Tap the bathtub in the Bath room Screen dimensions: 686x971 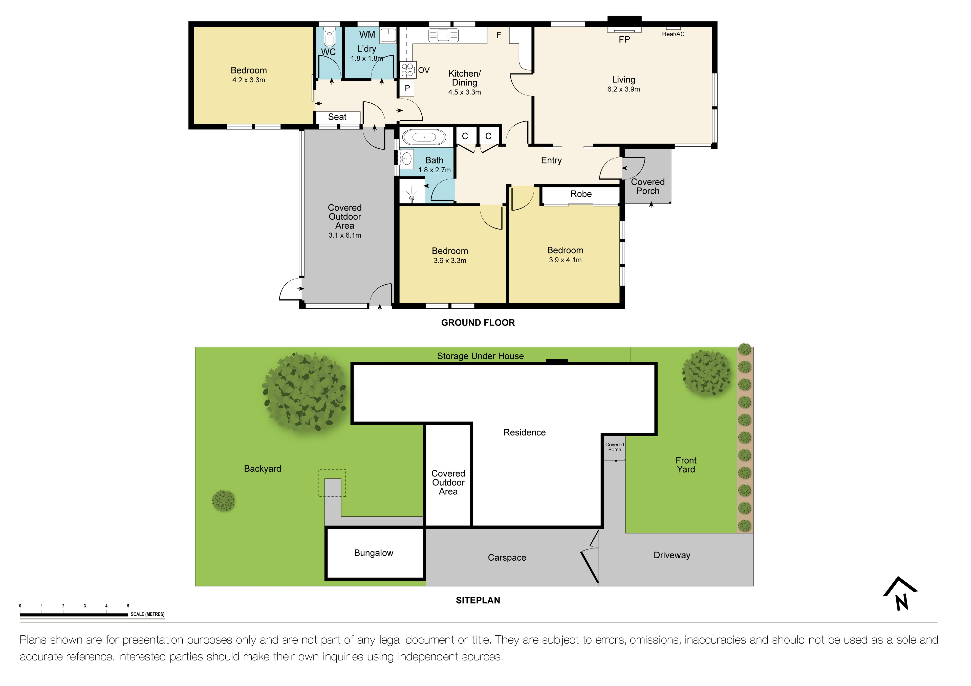tap(424, 137)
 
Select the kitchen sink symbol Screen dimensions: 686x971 tap(443, 35)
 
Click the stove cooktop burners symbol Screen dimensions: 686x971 tap(407, 70)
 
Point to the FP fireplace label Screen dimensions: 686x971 tap(624, 40)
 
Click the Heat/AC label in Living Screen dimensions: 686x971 tap(673, 34)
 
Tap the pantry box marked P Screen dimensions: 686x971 tap(407, 88)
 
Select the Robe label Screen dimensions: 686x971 tap(581, 194)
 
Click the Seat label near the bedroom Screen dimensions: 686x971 tap(337, 117)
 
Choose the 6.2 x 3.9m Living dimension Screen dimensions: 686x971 tap(623, 89)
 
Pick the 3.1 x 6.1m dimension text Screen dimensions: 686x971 tap(345, 235)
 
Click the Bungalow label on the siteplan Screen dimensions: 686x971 tap(373, 553)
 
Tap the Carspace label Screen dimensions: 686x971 tap(507, 558)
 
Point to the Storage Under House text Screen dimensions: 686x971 tap(480, 356)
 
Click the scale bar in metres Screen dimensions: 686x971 tap(74, 614)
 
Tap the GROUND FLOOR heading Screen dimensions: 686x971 tap(478, 323)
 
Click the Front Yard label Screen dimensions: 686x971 tap(685, 465)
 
